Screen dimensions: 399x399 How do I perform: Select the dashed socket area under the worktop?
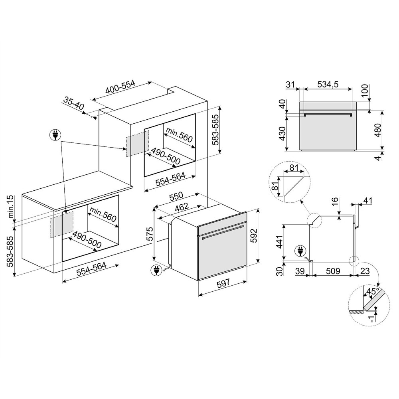point(62,224)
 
